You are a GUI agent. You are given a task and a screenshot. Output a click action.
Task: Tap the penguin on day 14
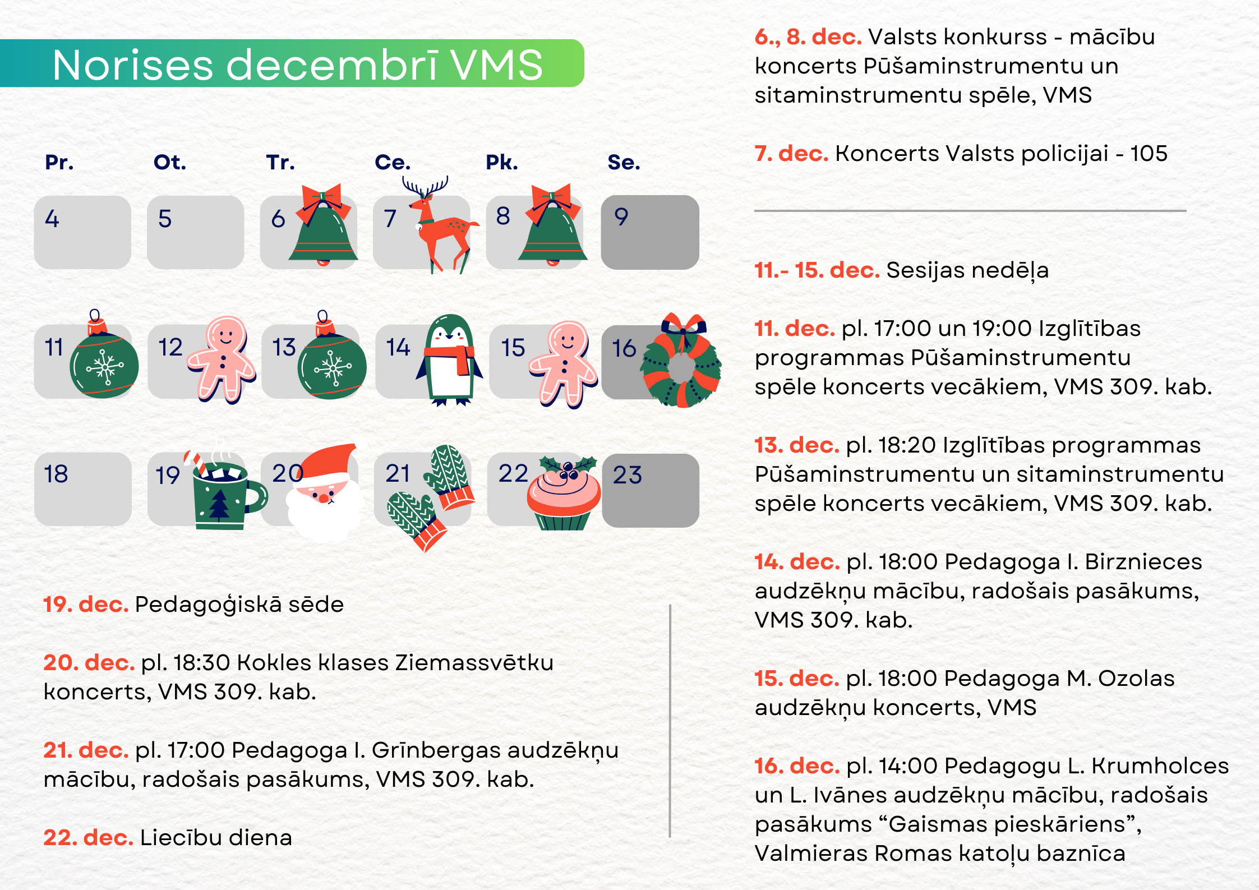(x=449, y=360)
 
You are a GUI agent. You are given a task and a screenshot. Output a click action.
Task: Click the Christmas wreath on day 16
(x=681, y=360)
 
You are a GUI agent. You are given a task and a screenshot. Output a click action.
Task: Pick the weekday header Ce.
(x=393, y=162)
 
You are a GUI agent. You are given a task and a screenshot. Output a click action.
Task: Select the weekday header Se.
(x=624, y=162)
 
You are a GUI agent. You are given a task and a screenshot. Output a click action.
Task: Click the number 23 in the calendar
(x=627, y=475)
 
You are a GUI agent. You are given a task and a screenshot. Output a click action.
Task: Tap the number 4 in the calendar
(x=52, y=219)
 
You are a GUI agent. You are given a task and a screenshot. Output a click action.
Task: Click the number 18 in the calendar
(x=56, y=474)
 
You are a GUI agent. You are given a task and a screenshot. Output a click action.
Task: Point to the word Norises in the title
(x=133, y=65)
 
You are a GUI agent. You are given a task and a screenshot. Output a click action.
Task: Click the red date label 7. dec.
(x=791, y=153)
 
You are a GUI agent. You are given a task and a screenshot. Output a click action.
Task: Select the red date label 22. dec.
(x=89, y=837)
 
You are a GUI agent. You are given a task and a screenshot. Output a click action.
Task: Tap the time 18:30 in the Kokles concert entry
(x=202, y=662)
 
